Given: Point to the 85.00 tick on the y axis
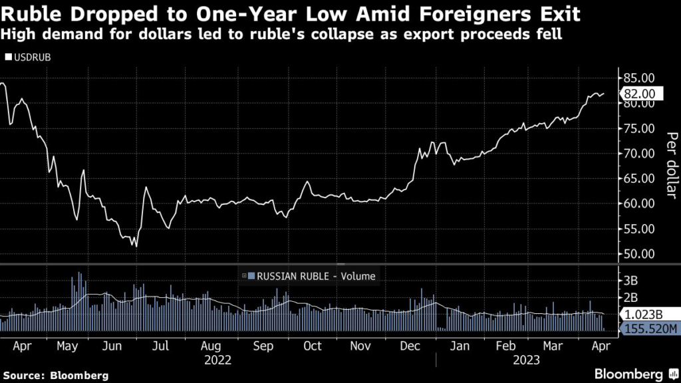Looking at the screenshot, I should coord(638,78).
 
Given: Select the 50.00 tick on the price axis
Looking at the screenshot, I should coord(638,254).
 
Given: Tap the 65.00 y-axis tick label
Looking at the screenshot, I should coord(638,178).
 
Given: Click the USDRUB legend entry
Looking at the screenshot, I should coord(27,57).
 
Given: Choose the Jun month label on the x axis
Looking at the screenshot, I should coord(113,346).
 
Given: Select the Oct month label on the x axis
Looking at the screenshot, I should coord(313,346).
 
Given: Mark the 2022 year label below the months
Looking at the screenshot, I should coord(218,360).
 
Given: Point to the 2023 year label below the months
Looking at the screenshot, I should coord(525,360).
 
